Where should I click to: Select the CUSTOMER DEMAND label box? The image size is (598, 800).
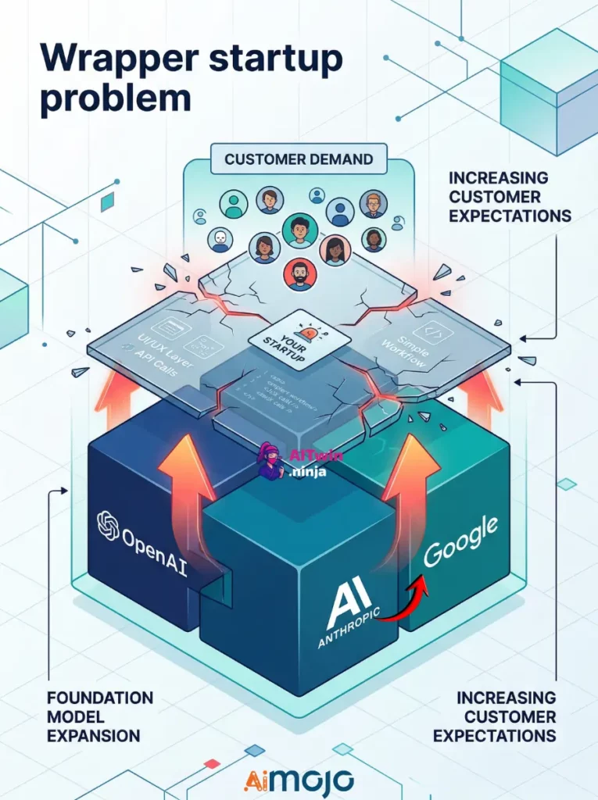[x=299, y=159]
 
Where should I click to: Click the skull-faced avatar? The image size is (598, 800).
[x=221, y=237]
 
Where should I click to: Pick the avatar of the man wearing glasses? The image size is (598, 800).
[x=373, y=204]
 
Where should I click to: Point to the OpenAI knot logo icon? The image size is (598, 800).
[x=108, y=525]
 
